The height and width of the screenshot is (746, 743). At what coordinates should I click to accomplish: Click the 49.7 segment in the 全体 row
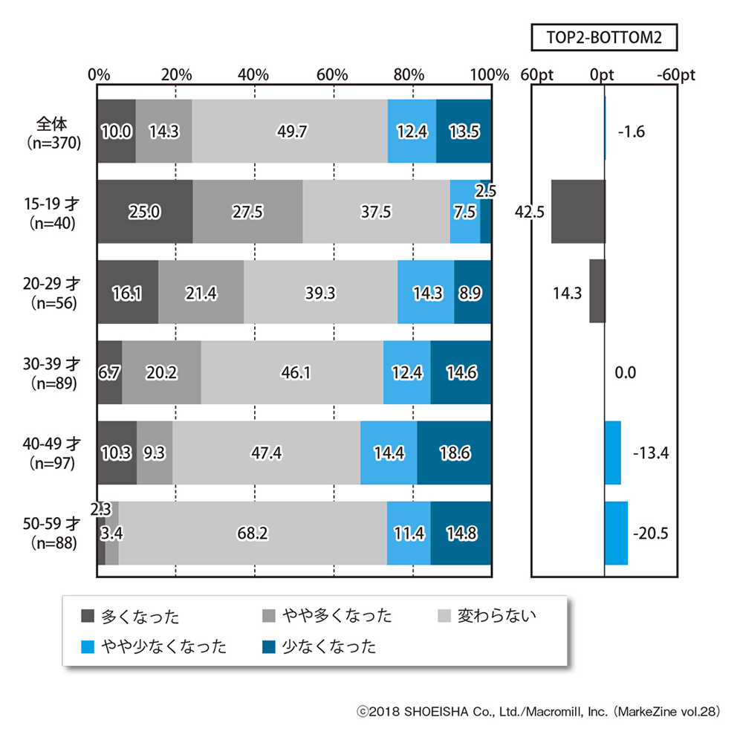290,131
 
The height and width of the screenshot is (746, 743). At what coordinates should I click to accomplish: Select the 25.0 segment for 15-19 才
145,212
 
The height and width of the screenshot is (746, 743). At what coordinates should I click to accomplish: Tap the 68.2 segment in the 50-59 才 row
253,533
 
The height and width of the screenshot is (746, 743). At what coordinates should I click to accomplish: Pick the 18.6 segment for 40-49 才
454,453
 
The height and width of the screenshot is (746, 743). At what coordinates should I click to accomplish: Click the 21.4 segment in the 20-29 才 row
201,292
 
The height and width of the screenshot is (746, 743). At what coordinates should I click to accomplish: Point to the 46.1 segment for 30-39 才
292,372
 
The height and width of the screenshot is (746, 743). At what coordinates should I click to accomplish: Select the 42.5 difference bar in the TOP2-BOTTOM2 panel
577,212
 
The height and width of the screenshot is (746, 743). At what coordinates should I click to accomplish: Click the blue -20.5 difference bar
616,533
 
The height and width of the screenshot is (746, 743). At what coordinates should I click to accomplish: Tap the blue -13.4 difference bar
612,453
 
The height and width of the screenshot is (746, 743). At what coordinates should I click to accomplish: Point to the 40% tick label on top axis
253,75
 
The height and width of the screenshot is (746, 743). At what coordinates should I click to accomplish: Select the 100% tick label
490,75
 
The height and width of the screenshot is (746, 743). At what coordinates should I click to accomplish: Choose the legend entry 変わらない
496,615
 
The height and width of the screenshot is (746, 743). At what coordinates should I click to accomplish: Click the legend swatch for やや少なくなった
87,646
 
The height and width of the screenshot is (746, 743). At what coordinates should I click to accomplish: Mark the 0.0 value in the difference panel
626,373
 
